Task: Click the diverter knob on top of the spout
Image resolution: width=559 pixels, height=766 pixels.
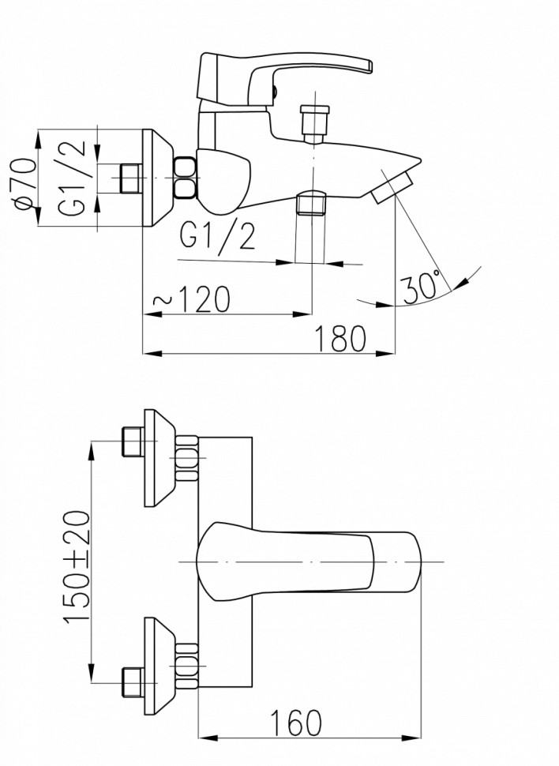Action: [x=313, y=122]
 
